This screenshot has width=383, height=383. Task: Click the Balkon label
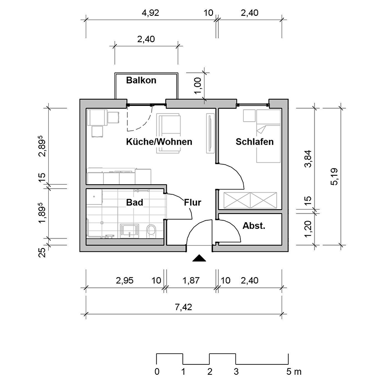141,80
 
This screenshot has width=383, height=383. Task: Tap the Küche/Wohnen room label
159,142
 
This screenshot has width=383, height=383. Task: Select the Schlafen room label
255,142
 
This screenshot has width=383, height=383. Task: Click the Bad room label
135,203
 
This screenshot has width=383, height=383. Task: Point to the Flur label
192,203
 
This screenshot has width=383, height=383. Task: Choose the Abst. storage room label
254,226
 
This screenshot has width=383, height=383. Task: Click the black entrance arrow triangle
199,259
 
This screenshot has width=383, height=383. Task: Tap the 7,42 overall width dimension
187,307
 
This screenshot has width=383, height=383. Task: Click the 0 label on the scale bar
157,372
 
